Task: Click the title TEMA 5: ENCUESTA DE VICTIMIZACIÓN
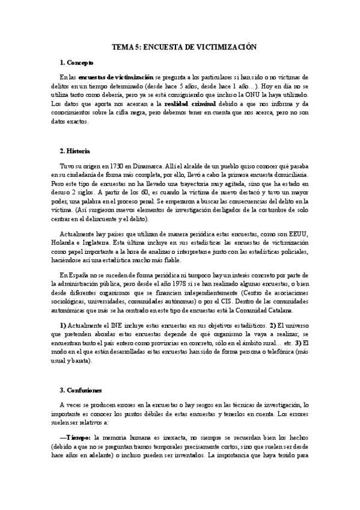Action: click(x=180, y=46)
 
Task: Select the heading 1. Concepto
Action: click(x=76, y=63)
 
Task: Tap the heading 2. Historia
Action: click(x=75, y=150)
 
